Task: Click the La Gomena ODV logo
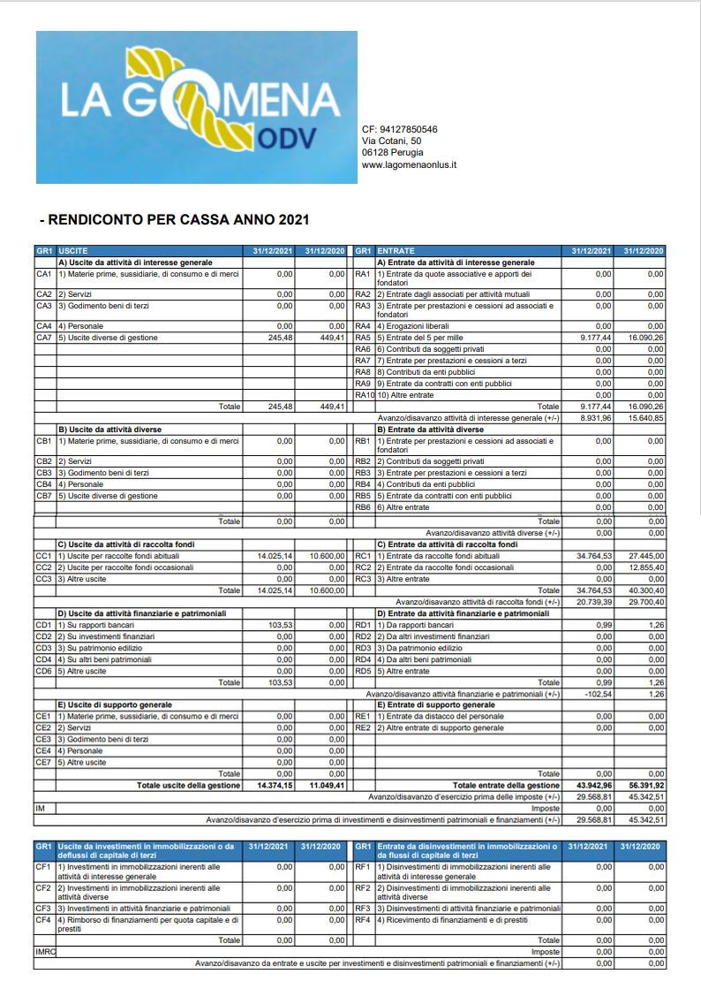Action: coord(196,107)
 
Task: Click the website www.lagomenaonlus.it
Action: coord(409,165)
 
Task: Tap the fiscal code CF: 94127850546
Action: coord(399,129)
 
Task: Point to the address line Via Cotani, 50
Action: coord(391,141)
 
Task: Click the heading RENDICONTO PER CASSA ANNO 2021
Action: coord(175,218)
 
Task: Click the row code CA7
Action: coord(44,337)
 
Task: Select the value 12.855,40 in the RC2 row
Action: coord(644,567)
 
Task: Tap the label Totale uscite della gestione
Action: coord(187,785)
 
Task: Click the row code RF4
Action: coord(362,920)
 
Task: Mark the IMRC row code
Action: coord(45,952)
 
